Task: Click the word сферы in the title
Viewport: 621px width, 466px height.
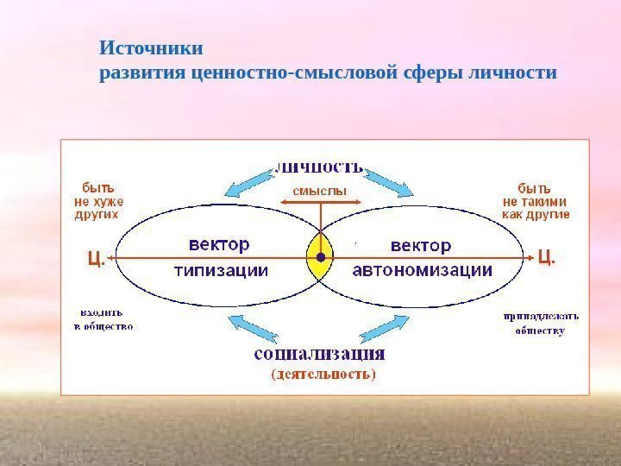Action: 430,72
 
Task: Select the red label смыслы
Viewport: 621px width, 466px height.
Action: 320,190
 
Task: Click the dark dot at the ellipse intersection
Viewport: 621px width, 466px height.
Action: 320,257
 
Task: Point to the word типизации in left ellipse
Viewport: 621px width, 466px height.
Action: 222,270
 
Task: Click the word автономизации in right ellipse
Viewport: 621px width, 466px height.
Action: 423,270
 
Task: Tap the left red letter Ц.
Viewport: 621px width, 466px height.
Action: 96,257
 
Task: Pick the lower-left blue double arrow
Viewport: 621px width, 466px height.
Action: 254,331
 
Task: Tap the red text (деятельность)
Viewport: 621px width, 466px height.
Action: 323,375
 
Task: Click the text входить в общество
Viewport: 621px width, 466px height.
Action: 103,320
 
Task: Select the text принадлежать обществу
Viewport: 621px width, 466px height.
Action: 541,323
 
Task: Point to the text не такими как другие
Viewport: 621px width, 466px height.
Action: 536,207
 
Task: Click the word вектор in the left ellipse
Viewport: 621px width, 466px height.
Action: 217,245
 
